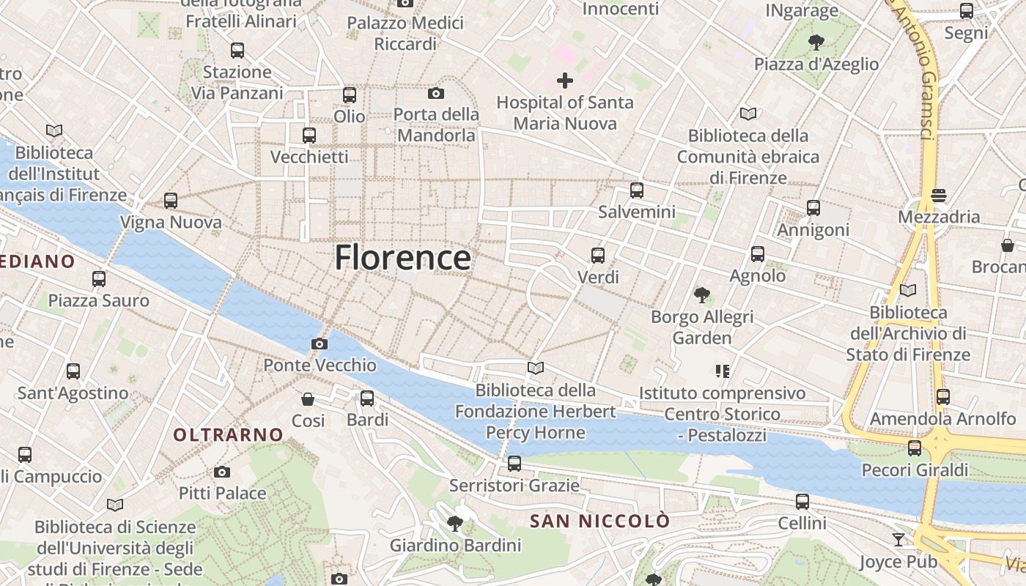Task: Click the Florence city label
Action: (402, 258)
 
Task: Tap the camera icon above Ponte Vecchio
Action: (320, 344)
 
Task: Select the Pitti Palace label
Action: (222, 493)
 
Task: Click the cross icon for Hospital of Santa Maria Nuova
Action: (565, 80)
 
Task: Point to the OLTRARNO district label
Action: (228, 434)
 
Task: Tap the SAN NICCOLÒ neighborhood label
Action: (599, 521)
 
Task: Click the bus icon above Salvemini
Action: (637, 190)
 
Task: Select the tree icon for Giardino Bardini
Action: (455, 523)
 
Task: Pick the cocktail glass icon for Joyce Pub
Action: (898, 540)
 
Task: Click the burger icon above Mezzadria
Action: (939, 196)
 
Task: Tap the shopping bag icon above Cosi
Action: (308, 399)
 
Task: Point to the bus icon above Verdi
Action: (598, 256)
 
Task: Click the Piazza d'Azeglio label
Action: (816, 64)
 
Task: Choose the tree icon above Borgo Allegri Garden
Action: (702, 295)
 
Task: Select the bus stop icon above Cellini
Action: (802, 502)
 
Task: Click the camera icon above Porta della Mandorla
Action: (436, 93)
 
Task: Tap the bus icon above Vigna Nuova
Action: (171, 200)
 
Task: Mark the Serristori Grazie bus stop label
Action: (514, 485)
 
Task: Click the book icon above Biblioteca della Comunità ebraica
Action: (748, 114)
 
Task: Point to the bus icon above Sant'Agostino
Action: (73, 371)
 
